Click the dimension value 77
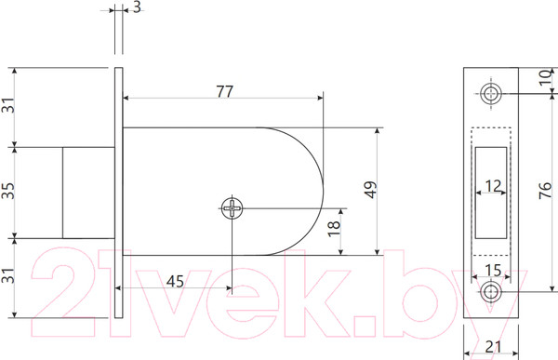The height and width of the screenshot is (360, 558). pos(224,91)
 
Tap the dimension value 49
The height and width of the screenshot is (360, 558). pos(370,190)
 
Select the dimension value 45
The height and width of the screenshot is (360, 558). pos(175,281)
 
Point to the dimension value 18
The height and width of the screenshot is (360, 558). pos(334,228)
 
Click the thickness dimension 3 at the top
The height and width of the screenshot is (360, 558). pos(137,7)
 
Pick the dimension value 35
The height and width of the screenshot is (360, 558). pos(7,191)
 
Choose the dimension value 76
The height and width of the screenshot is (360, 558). pos(545,190)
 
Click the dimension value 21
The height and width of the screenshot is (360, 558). pos(493,346)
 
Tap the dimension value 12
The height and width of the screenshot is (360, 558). pos(493,186)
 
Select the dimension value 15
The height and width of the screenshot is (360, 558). pos(493,271)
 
